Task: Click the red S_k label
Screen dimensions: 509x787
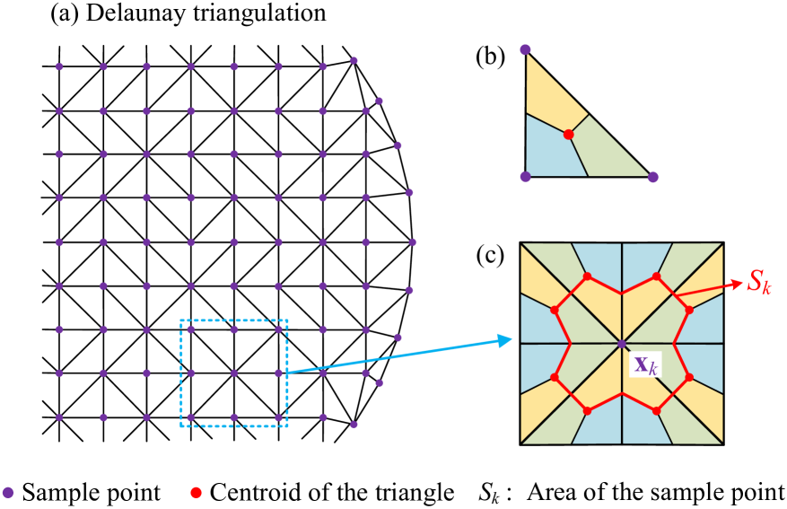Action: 757,283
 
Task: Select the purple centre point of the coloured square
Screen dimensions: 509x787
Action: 621,344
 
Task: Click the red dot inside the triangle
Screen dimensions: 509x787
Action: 568,134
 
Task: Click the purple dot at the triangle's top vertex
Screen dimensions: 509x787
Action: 525,49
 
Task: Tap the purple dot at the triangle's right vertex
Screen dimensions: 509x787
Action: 652,177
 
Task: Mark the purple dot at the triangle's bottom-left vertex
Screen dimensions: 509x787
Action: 525,177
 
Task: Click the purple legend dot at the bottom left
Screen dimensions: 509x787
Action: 8,492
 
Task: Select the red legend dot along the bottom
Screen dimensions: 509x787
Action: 196,492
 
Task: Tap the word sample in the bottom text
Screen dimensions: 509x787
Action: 687,493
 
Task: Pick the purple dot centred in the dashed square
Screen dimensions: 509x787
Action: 234,373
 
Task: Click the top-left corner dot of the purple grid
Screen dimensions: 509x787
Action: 59,66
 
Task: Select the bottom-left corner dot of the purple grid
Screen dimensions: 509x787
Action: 59,417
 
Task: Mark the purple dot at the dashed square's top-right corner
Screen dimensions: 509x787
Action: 278,329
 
